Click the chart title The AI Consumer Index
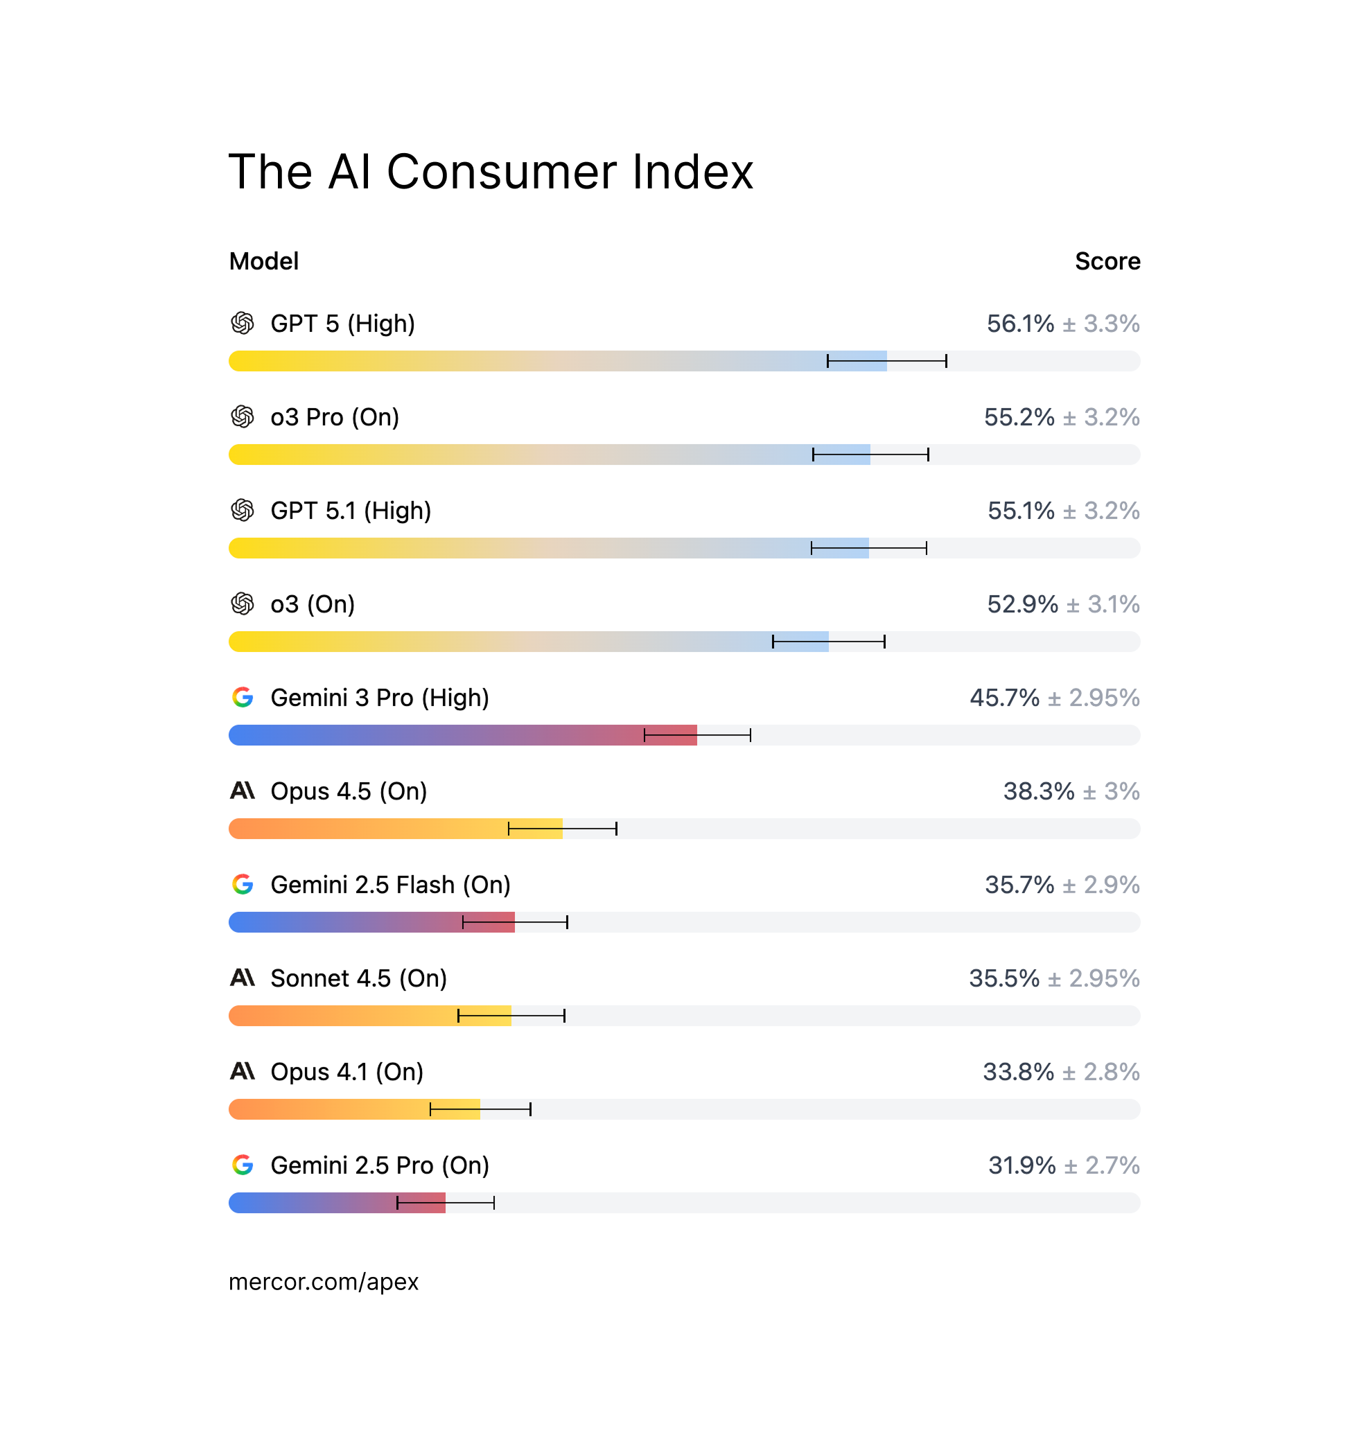pyautogui.click(x=490, y=172)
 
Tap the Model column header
pyautogui.click(x=263, y=261)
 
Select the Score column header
pyautogui.click(x=1107, y=261)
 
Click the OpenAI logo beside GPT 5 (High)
pyautogui.click(x=242, y=323)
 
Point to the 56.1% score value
pyautogui.click(x=1019, y=324)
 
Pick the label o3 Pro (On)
pyautogui.click(x=335, y=417)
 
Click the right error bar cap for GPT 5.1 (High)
pyautogui.click(x=926, y=548)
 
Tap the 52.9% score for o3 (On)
pyautogui.click(x=1021, y=604)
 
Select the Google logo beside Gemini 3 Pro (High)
pyautogui.click(x=242, y=698)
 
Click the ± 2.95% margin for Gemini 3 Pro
pyautogui.click(x=1093, y=698)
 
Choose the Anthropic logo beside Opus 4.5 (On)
pyautogui.click(x=242, y=791)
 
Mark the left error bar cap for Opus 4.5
pyautogui.click(x=509, y=829)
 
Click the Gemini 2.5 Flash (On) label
pyautogui.click(x=390, y=885)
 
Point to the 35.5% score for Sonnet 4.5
pyautogui.click(x=1003, y=978)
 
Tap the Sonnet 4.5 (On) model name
pyautogui.click(x=358, y=978)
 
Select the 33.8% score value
pyautogui.click(x=1018, y=1072)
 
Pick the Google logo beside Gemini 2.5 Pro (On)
pyautogui.click(x=242, y=1165)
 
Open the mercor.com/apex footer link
pyautogui.click(x=323, y=1282)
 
